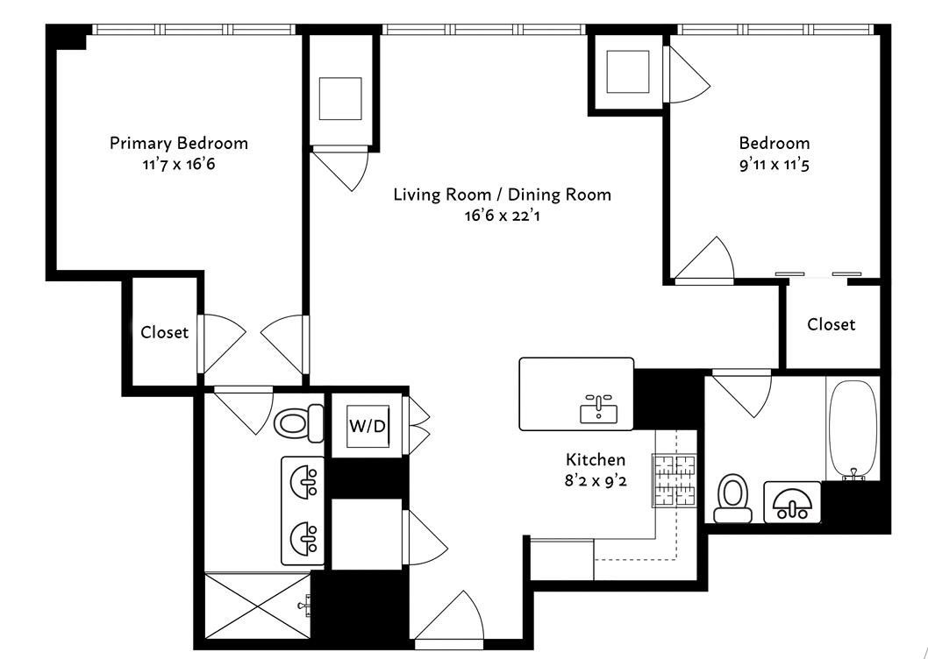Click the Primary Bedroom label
pos(178,143)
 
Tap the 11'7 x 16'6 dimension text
pos(178,163)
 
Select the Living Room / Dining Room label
pos(502,195)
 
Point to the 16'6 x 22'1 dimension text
pos(502,215)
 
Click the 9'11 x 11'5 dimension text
pos(774,163)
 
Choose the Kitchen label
pos(596,459)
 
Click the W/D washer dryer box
pos(366,426)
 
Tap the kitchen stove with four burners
pos(673,479)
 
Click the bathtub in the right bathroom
pos(852,429)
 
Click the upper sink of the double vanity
pos(303,480)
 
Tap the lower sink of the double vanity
pos(303,535)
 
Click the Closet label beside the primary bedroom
pos(164,332)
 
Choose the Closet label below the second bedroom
pos(831,324)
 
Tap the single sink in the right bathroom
pos(791,503)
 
